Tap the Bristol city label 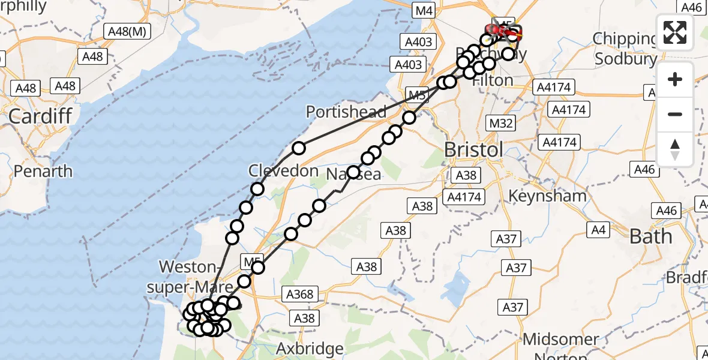pos(473,150)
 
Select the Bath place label pos(650,236)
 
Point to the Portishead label pos(346,112)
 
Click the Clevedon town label pos(284,171)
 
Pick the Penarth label pos(43,171)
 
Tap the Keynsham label pos(547,196)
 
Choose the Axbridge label pos(310,348)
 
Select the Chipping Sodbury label pos(625,49)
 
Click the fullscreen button pos(675,32)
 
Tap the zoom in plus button pos(675,80)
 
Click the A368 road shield pos(299,294)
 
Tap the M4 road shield pos(424,10)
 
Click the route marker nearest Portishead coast pos(299,148)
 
